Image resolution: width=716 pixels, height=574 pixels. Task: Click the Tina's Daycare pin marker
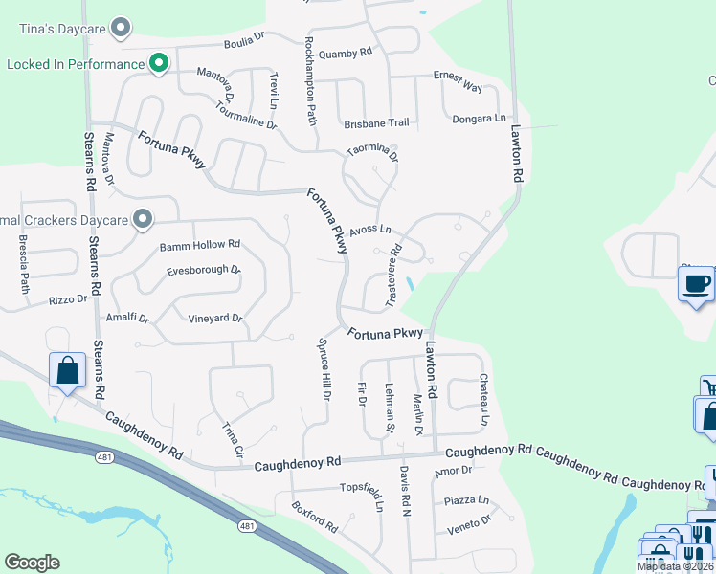tap(121, 28)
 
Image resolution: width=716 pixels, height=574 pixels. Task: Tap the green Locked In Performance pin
tap(160, 64)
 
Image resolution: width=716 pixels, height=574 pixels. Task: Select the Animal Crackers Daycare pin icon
tap(144, 220)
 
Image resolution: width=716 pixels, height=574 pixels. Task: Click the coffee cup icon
tap(697, 284)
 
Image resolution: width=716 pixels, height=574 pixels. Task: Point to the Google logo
tap(32, 563)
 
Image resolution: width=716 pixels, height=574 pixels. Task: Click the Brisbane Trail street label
tap(376, 123)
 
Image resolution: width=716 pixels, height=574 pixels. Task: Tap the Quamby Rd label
tap(345, 54)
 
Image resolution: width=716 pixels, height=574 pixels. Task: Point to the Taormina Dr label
tap(372, 150)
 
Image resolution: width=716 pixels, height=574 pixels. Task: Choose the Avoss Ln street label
tap(370, 230)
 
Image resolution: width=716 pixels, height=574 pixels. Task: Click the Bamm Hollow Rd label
tap(200, 245)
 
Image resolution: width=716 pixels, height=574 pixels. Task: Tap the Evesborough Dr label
tap(202, 270)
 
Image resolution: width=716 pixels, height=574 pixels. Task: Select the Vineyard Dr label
tap(215, 318)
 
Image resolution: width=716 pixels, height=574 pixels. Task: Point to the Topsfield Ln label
tap(362, 487)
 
